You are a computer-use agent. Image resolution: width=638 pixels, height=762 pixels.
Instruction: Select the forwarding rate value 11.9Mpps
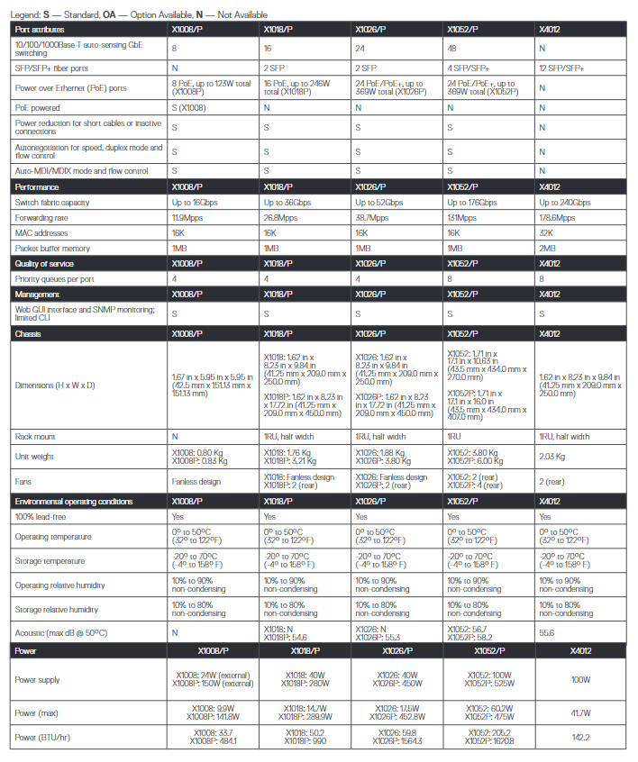point(187,217)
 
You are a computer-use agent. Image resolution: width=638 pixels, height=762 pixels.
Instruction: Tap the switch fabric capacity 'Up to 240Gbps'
point(565,202)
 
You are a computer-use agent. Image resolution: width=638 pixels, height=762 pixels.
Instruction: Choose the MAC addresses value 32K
point(545,232)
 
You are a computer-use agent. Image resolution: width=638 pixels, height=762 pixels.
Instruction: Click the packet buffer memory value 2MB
point(547,248)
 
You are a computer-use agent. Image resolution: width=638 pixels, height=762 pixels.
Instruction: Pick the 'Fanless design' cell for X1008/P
point(197,482)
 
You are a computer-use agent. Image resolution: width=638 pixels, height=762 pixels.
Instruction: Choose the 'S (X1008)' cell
point(193,106)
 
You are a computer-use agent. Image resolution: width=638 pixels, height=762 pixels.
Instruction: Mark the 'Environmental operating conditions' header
point(73,501)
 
